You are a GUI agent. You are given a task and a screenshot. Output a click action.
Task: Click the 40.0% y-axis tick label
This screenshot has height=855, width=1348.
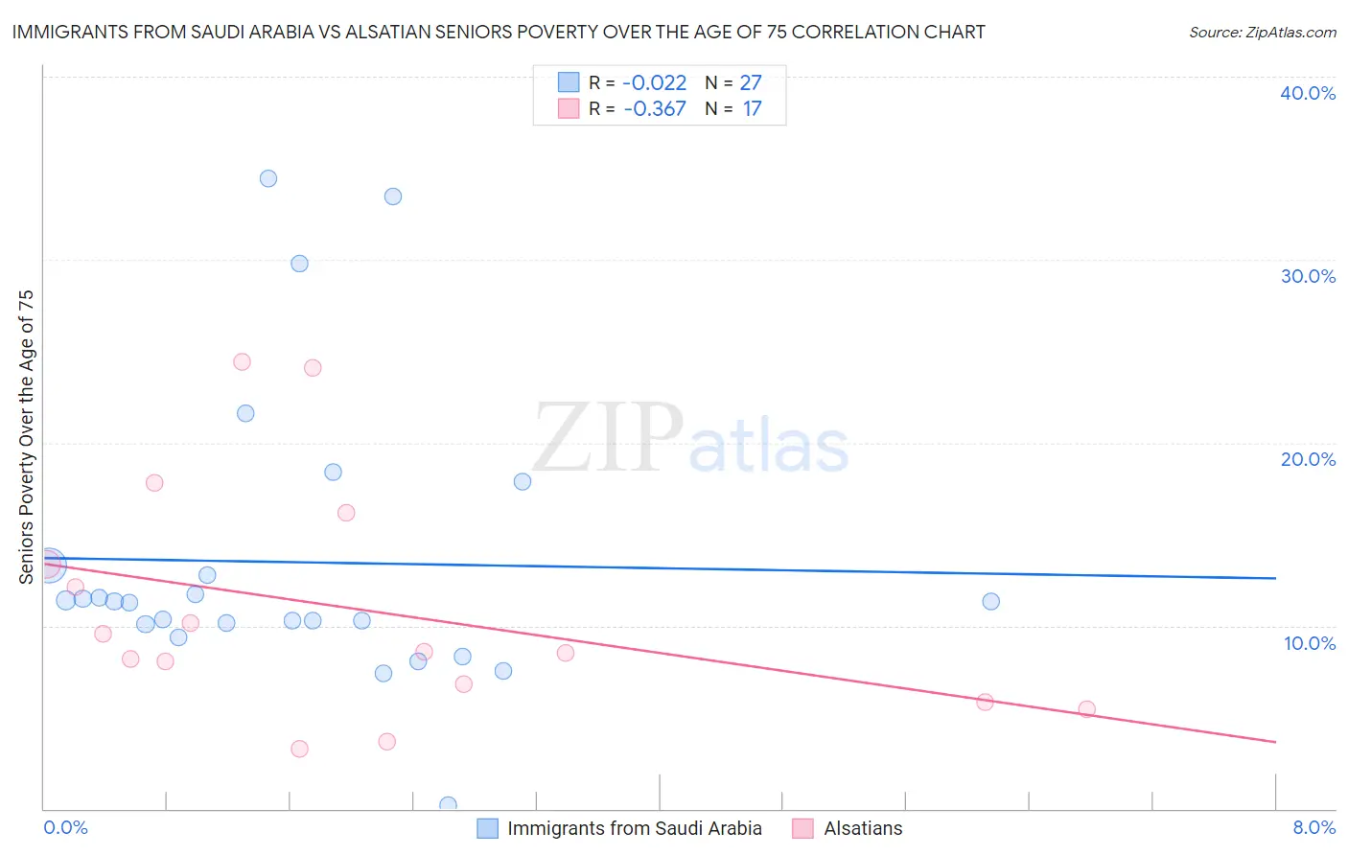pyautogui.click(x=1308, y=93)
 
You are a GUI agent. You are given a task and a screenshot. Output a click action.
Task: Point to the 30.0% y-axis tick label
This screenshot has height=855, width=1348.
pyautogui.click(x=1308, y=276)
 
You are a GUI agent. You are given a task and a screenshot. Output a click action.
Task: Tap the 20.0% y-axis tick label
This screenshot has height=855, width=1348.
pyautogui.click(x=1308, y=459)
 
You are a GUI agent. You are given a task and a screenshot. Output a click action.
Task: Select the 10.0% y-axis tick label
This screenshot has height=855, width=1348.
pyautogui.click(x=1310, y=643)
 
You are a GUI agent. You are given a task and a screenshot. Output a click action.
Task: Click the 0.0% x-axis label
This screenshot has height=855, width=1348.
pyautogui.click(x=65, y=827)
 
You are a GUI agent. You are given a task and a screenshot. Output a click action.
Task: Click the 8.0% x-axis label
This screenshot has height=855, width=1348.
pyautogui.click(x=1313, y=827)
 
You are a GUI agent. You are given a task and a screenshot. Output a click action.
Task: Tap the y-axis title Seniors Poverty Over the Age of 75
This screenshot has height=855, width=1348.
pyautogui.click(x=26, y=436)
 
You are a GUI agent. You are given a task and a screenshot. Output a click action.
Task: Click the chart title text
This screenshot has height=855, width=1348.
pyautogui.click(x=499, y=32)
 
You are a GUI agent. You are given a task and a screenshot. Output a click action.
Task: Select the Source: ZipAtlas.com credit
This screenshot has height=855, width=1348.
pyautogui.click(x=1262, y=32)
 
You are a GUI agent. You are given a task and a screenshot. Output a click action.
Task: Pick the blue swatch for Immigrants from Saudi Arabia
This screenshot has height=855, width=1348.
pyautogui.click(x=488, y=828)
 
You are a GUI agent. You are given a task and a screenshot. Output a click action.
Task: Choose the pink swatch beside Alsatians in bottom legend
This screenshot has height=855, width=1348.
pyautogui.click(x=803, y=828)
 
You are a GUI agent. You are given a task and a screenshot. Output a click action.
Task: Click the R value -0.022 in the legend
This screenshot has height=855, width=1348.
pyautogui.click(x=654, y=83)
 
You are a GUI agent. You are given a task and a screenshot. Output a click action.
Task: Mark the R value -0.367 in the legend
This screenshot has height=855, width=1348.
pyautogui.click(x=654, y=109)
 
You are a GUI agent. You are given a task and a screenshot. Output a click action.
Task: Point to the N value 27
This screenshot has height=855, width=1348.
pyautogui.click(x=751, y=83)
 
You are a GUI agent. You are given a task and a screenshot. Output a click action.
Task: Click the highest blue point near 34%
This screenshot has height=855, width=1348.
pyautogui.click(x=268, y=178)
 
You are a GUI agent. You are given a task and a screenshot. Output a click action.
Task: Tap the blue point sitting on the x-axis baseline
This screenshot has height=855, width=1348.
pyautogui.click(x=448, y=805)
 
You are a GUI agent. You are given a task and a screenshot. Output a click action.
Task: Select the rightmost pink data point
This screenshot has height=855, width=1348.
pyautogui.click(x=1086, y=709)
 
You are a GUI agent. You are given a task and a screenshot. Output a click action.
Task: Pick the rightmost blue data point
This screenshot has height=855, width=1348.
pyautogui.click(x=991, y=602)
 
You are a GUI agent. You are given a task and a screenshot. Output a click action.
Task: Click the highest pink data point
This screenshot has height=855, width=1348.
pyautogui.click(x=242, y=362)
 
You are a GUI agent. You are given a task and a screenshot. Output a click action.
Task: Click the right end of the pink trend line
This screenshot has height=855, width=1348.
pyautogui.click(x=1275, y=742)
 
